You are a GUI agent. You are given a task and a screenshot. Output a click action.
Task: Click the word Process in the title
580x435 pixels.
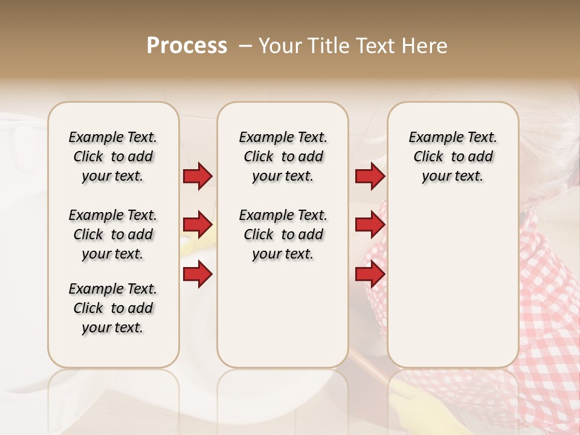pyautogui.click(x=187, y=46)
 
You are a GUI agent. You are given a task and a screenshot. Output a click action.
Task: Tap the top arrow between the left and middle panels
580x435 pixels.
pyautogui.click(x=198, y=176)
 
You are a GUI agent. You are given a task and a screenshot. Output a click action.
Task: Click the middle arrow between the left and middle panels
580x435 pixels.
pyautogui.click(x=198, y=225)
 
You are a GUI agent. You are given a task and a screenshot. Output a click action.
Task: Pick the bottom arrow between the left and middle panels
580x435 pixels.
pyautogui.click(x=198, y=274)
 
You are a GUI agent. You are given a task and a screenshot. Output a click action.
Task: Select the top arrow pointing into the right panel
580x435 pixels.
pyautogui.click(x=370, y=176)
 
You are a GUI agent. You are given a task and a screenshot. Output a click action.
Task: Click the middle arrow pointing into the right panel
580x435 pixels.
pyautogui.click(x=370, y=225)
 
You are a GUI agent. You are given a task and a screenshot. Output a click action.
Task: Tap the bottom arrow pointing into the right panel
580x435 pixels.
pyautogui.click(x=370, y=274)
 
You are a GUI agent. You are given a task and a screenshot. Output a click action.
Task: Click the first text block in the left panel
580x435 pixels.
pyautogui.click(x=113, y=156)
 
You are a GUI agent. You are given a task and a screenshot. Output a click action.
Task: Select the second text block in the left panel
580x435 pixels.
pyautogui.click(x=113, y=234)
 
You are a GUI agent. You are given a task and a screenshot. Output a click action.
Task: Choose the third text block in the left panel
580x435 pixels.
pyautogui.click(x=113, y=308)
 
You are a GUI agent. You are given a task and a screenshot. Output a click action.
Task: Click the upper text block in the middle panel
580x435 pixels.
pyautogui.click(x=283, y=156)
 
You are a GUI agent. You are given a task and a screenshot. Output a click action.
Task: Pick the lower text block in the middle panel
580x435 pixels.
pyautogui.click(x=283, y=234)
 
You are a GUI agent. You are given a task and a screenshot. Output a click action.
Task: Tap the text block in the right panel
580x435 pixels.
pyautogui.click(x=453, y=156)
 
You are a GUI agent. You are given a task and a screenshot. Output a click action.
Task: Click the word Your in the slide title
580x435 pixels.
pyautogui.click(x=279, y=46)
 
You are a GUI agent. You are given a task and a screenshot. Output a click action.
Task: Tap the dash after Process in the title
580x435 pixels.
pyautogui.click(x=245, y=46)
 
